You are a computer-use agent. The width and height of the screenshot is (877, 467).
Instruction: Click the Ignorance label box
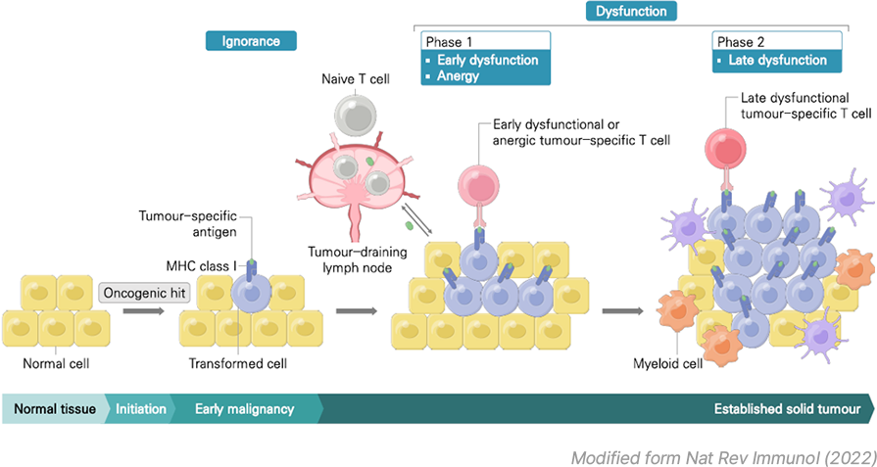(x=251, y=41)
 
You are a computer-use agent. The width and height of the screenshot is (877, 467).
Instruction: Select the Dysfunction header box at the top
(x=633, y=12)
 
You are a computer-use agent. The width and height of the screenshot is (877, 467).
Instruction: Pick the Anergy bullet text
(x=458, y=76)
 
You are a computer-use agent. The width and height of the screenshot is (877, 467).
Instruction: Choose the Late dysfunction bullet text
(x=777, y=60)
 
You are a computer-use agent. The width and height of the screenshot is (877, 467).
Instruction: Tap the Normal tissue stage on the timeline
(x=55, y=409)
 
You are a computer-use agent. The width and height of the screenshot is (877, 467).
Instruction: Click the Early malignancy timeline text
(x=244, y=409)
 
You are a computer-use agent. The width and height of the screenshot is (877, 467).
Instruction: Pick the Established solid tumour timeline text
(x=787, y=409)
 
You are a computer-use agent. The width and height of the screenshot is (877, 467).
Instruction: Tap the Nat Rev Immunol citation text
(x=723, y=455)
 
